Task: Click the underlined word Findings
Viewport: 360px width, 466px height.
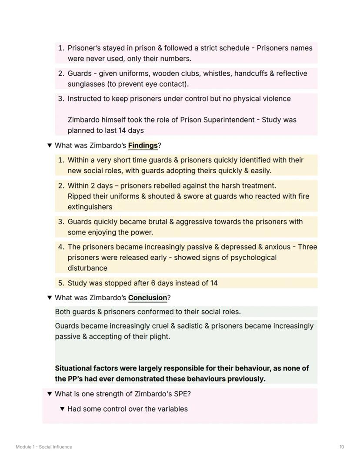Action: click(143, 145)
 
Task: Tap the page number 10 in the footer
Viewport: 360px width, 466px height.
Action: click(342, 447)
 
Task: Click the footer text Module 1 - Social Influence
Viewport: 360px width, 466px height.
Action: click(44, 447)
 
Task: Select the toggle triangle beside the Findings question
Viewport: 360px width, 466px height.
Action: click(50, 145)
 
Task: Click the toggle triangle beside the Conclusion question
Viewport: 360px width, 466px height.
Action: click(50, 298)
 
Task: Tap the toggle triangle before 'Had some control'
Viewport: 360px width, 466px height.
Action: click(62, 409)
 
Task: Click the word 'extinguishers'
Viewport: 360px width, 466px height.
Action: click(90, 207)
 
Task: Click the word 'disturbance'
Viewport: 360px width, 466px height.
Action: click(87, 268)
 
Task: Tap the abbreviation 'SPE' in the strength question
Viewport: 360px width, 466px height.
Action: click(180, 394)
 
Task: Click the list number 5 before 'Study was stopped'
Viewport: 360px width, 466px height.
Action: click(61, 283)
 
